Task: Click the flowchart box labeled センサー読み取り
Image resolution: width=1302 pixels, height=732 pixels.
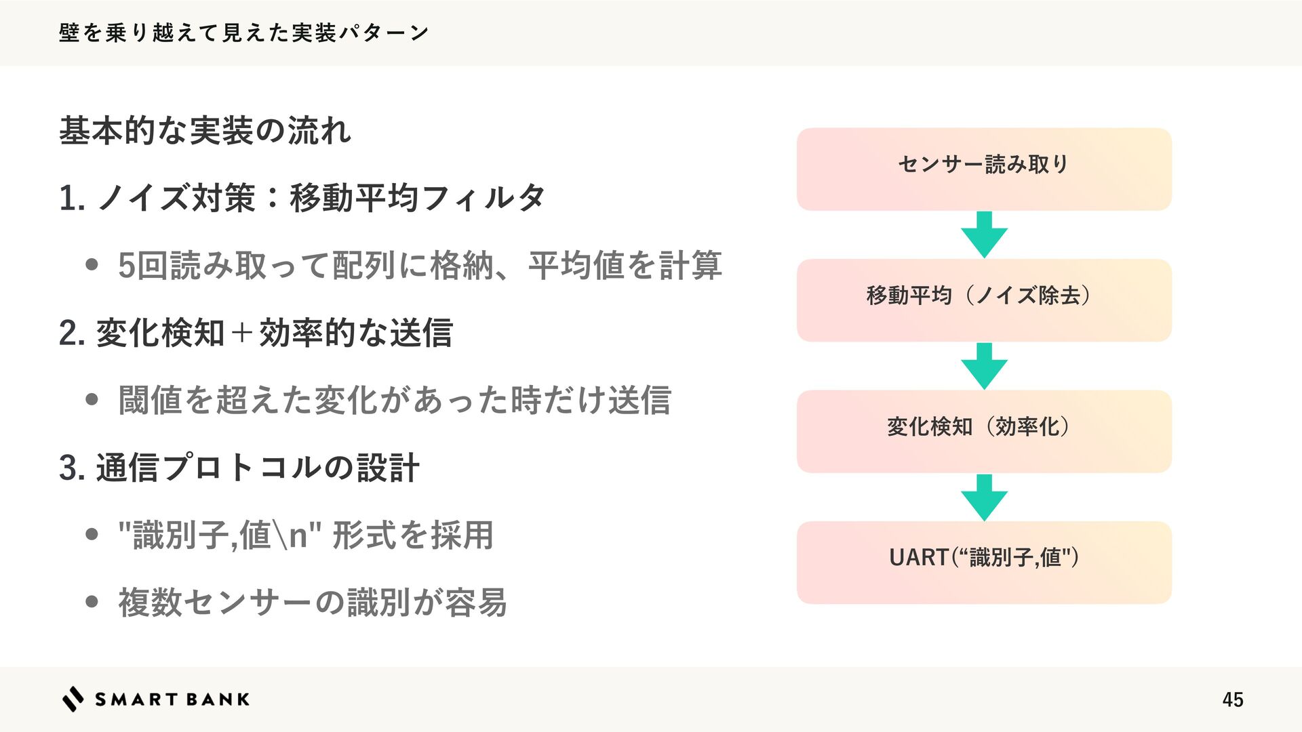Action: click(984, 169)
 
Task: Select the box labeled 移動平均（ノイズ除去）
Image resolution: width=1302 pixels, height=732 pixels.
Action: click(984, 300)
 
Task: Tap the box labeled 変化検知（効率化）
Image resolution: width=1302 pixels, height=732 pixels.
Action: click(984, 431)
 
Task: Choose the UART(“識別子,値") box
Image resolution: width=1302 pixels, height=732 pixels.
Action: click(984, 562)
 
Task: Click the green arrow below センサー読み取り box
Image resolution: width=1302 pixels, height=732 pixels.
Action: click(984, 234)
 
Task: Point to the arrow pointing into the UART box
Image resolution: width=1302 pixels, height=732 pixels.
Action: click(984, 497)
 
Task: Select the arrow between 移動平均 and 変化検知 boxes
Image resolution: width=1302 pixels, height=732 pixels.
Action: click(984, 365)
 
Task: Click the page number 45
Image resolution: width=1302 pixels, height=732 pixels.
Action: click(1232, 699)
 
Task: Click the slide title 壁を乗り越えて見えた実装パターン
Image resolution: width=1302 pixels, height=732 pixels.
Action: click(243, 33)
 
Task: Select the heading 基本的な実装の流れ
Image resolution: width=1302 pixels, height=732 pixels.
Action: click(205, 130)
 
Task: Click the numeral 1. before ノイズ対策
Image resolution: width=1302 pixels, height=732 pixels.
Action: click(71, 199)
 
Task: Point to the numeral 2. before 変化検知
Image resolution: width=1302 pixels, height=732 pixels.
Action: click(71, 333)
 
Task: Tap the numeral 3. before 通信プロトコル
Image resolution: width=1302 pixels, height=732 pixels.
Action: click(71, 468)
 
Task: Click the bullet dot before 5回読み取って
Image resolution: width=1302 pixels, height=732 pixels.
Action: click(92, 265)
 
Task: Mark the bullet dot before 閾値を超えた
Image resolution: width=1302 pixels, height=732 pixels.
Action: click(92, 400)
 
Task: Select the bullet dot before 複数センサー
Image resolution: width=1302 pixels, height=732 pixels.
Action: click(92, 602)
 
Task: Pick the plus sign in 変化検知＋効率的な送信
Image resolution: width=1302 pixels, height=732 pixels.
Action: click(241, 333)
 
